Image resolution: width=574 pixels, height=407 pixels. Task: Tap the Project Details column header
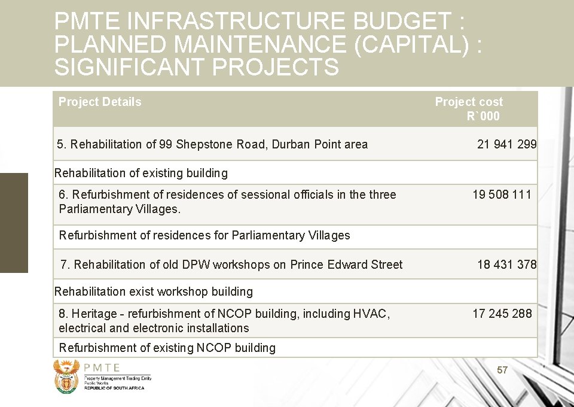pos(100,102)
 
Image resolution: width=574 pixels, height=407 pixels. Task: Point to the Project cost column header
pos(469,108)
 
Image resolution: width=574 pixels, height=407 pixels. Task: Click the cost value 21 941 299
pos(506,144)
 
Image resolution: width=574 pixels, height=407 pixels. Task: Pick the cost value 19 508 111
pos(502,195)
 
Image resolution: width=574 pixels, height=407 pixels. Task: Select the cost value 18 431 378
pos(506,265)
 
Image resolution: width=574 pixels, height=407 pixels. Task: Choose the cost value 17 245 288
pos(502,313)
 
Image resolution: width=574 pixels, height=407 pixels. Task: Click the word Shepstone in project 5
pos(203,144)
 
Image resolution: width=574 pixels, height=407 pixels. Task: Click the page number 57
pos(502,370)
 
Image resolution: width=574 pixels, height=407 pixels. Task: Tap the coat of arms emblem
pos(66,376)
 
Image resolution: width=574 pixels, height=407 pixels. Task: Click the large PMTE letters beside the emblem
pos(102,368)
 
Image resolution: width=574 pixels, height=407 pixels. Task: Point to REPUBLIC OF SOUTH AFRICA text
pos(114,388)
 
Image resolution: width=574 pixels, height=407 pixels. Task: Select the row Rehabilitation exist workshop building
pos(154,292)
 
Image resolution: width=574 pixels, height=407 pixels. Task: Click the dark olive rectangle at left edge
pos(14,223)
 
